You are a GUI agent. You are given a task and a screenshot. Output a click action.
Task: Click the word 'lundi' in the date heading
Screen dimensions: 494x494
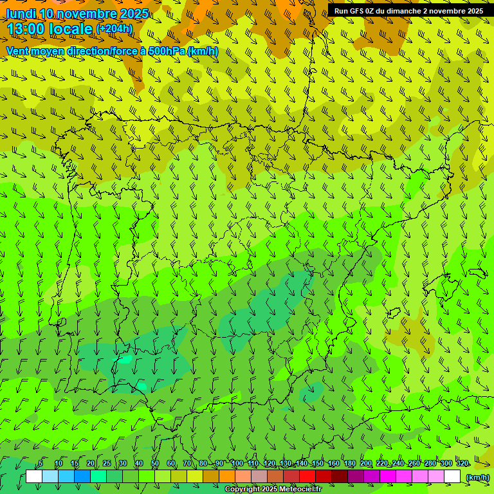pos(21,14)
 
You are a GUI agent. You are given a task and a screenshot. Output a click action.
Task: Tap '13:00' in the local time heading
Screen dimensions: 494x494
pos(26,29)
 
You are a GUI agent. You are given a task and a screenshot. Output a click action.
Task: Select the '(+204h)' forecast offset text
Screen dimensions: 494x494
pos(114,28)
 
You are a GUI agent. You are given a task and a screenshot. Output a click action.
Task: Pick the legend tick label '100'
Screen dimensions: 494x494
pos(237,464)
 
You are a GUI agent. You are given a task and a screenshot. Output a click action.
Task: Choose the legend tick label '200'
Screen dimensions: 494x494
pos(366,464)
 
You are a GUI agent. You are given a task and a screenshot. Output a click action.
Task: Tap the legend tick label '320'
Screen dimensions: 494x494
pos(462,464)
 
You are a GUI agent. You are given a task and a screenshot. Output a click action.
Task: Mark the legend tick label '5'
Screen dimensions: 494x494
pos(41,464)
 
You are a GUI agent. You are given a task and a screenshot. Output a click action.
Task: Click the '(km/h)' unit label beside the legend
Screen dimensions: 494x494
pos(477,477)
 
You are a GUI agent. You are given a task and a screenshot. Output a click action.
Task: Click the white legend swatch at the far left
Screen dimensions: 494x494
pos(34,477)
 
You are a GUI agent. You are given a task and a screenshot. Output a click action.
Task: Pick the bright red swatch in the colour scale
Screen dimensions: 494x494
pos(307,477)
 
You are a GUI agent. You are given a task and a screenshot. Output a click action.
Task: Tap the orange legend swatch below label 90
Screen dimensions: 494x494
pos(227,477)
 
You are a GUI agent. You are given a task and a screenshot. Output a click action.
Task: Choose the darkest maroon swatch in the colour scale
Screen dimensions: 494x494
pos(340,477)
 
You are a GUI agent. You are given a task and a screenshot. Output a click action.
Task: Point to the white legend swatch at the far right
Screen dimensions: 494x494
pos(452,477)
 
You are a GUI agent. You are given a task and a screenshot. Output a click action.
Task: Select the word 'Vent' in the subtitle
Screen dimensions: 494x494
pos(18,51)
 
